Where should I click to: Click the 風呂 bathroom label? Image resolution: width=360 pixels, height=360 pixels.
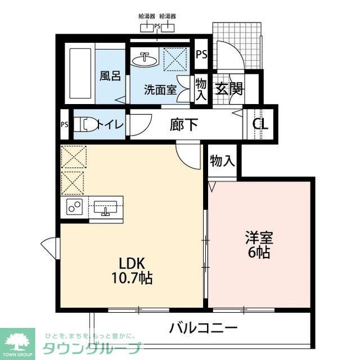(x=110, y=75)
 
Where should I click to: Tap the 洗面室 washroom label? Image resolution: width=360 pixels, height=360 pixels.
(x=160, y=89)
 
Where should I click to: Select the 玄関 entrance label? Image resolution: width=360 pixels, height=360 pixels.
(x=228, y=89)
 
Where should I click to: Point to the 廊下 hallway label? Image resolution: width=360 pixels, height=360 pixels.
(x=184, y=124)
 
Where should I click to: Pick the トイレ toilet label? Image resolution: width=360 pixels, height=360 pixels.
(x=109, y=125)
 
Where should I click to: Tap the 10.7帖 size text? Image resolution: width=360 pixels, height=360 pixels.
(x=132, y=277)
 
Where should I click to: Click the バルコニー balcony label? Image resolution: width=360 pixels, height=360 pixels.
(x=203, y=328)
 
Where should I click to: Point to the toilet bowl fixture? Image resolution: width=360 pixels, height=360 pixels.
(x=84, y=124)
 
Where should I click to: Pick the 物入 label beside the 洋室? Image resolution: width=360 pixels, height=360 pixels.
(x=222, y=161)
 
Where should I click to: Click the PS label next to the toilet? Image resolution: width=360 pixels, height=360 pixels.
(x=64, y=125)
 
